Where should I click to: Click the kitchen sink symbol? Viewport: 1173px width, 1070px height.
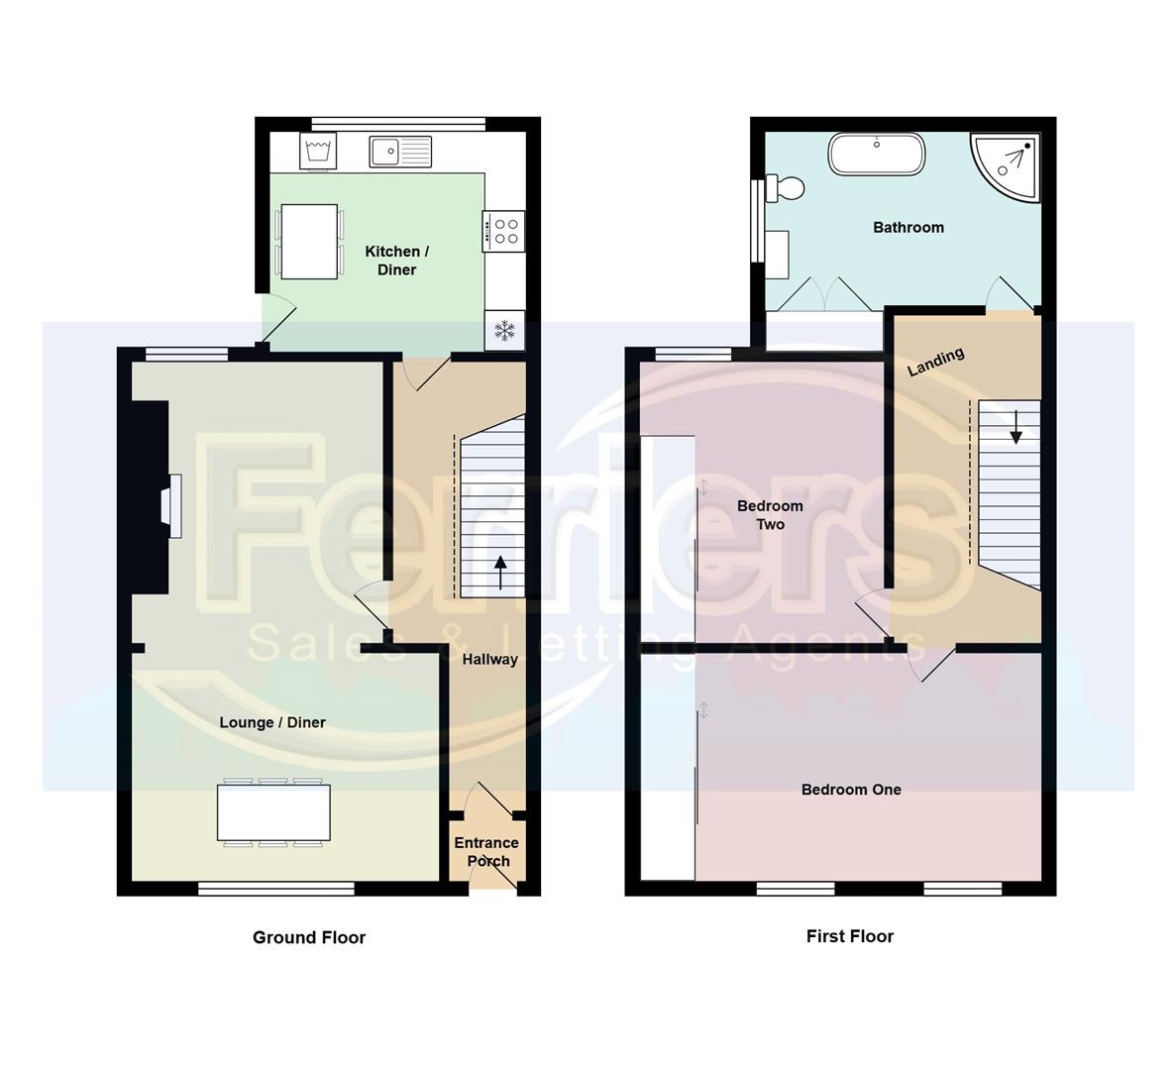[401, 152]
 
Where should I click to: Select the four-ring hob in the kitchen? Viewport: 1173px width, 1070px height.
[504, 231]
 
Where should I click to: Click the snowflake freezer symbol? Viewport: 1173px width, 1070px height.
[505, 331]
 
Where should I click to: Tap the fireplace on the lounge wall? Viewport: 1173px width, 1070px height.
[173, 505]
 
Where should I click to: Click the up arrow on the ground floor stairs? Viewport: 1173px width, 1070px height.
[500, 573]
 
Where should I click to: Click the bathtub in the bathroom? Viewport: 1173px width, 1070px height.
[877, 155]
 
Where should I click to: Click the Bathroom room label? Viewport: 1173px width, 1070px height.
[907, 228]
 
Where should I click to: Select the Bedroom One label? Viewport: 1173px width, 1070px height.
[851, 790]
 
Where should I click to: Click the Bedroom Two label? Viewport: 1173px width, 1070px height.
[770, 515]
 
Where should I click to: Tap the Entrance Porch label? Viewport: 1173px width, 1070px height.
[486, 852]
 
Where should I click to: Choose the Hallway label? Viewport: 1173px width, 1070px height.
[490, 659]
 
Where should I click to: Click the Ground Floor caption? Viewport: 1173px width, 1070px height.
[309, 937]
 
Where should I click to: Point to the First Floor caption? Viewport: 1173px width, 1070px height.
[850, 936]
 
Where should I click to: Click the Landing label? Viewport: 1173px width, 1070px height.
[936, 362]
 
